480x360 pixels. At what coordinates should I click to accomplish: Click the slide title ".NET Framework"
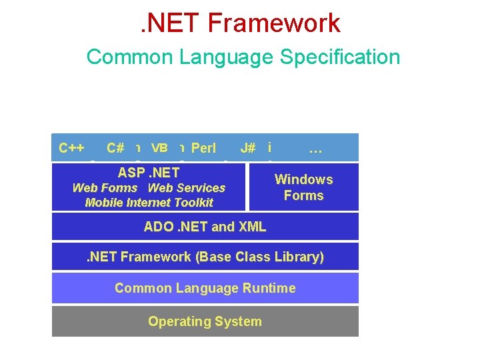(241, 23)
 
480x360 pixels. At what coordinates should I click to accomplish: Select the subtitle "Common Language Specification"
(243, 57)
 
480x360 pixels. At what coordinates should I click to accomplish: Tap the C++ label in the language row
(71, 148)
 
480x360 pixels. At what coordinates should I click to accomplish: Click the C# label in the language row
(115, 148)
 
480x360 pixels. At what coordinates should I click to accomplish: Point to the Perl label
(203, 148)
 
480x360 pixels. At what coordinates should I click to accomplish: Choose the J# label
(247, 148)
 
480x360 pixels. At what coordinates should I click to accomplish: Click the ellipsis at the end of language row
(315, 149)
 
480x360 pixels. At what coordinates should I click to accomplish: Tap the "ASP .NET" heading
(149, 173)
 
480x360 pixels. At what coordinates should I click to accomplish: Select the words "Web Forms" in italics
(105, 188)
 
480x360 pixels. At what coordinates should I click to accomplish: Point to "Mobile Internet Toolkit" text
(149, 203)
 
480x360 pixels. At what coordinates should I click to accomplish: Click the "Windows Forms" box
(303, 187)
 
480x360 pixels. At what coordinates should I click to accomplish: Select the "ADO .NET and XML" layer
(205, 227)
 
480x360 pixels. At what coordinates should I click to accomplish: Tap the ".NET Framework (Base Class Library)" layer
(205, 257)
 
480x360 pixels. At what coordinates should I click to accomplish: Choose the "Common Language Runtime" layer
(205, 288)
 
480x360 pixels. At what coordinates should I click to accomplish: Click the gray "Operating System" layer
(205, 321)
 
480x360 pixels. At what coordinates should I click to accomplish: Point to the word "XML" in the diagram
(252, 227)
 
